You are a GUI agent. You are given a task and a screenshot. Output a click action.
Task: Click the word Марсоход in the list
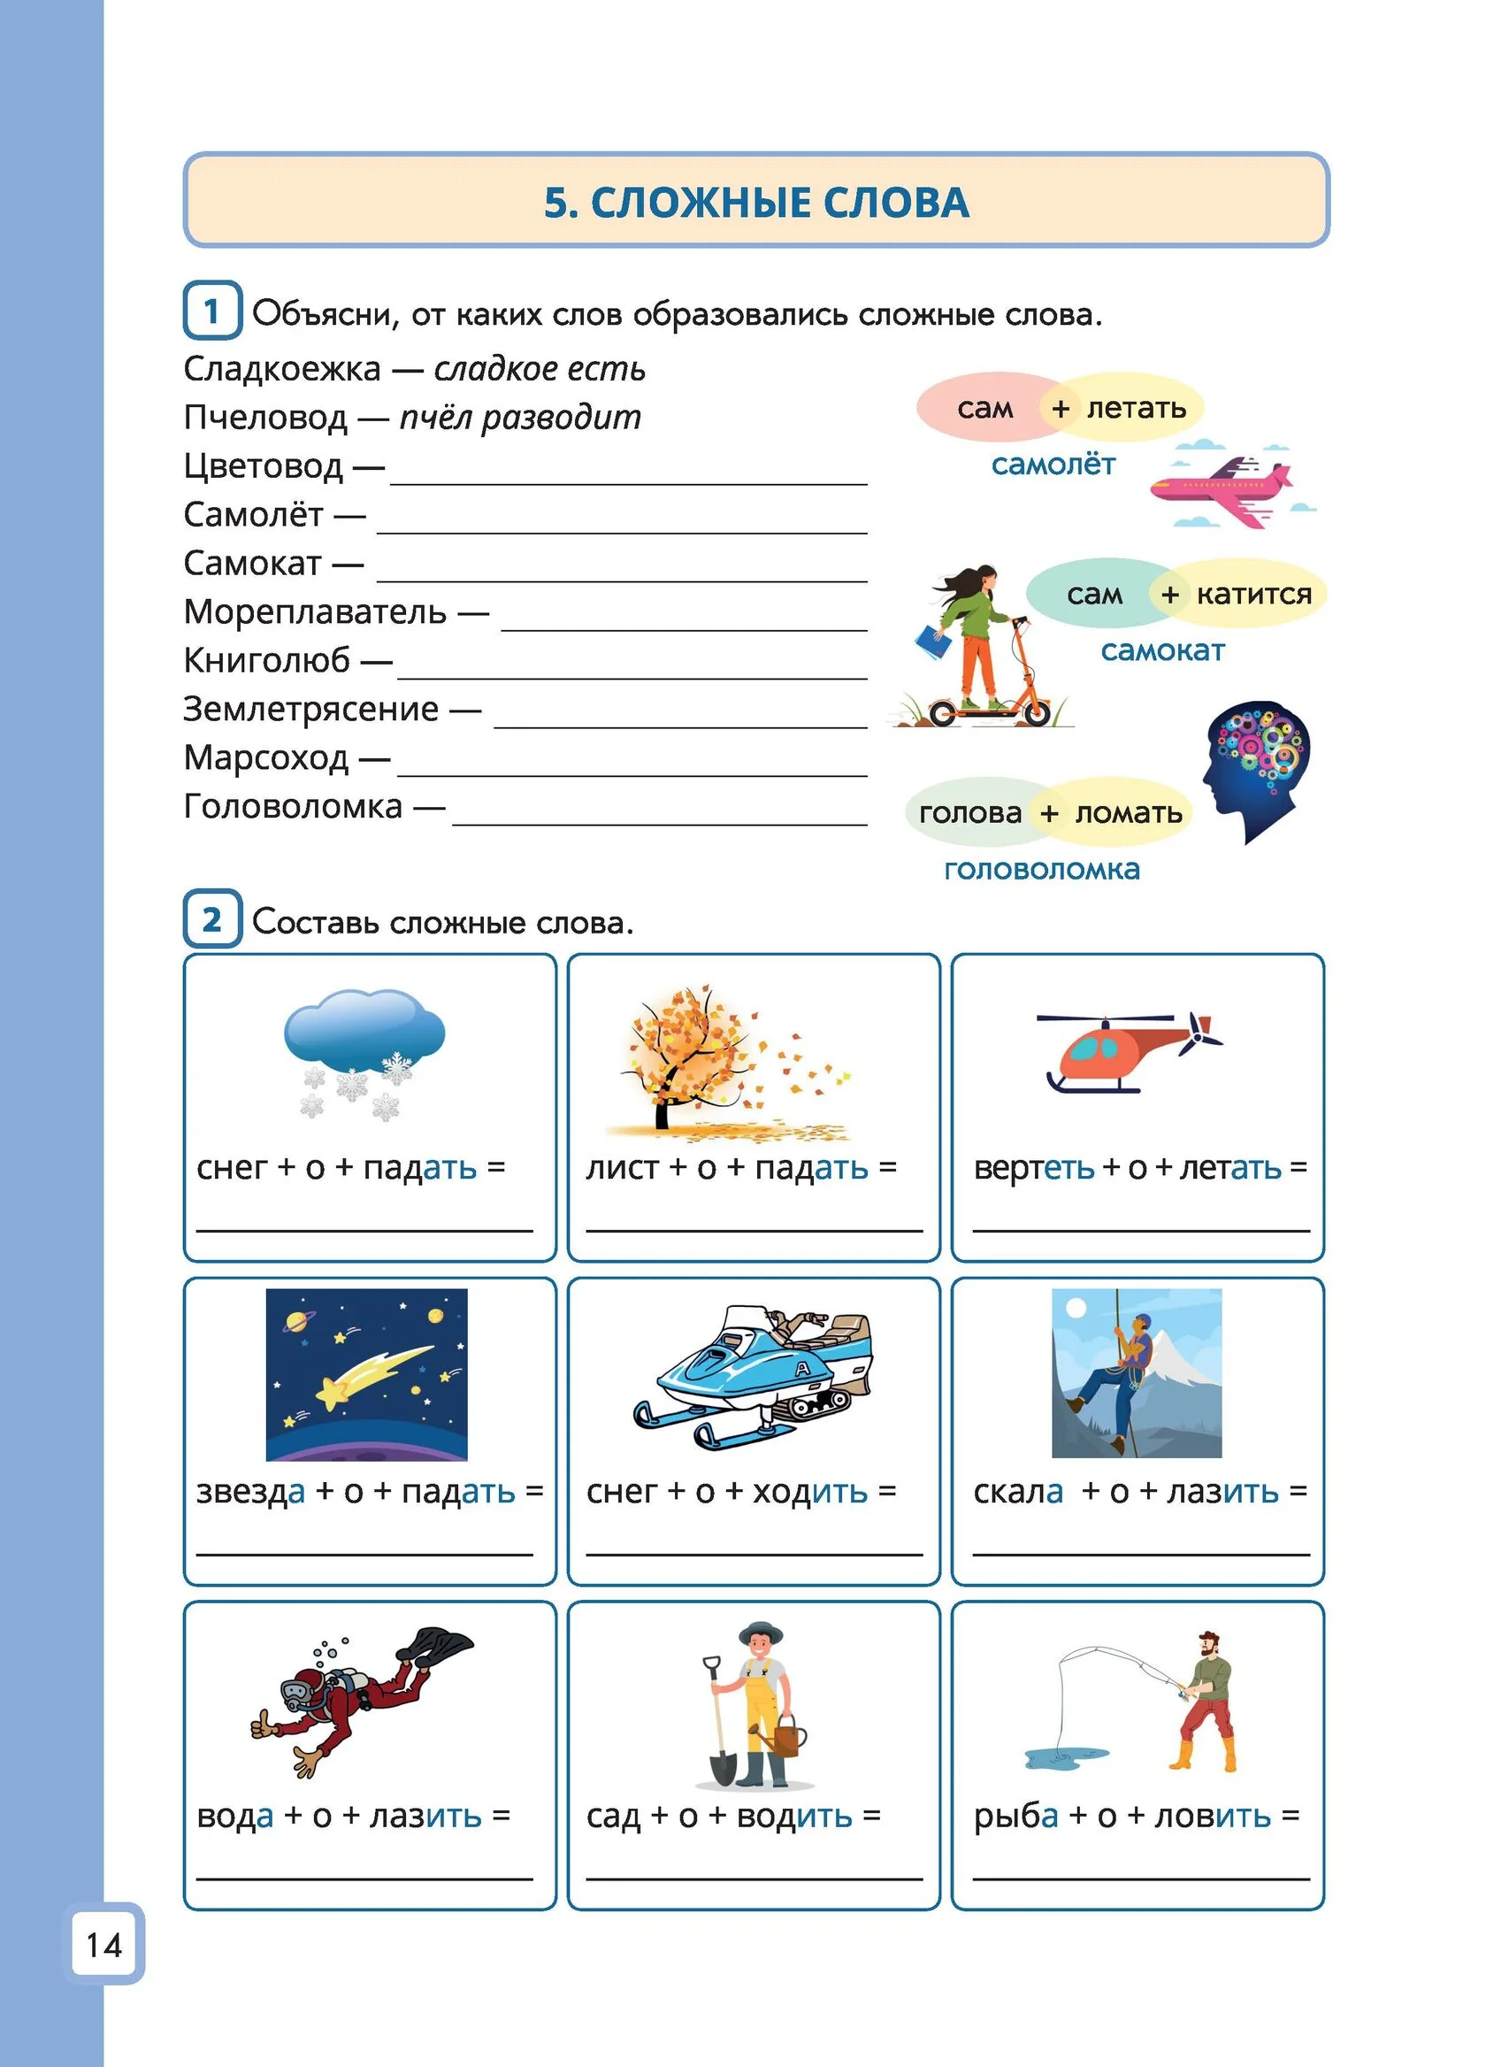point(265,757)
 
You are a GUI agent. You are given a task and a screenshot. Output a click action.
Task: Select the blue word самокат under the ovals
point(1161,650)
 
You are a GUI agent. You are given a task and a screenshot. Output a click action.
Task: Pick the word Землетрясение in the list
point(310,709)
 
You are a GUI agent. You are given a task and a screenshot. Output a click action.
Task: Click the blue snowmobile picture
point(753,1375)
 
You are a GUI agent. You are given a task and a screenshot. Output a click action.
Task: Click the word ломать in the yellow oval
point(1128,812)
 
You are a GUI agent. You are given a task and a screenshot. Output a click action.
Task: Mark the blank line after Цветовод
point(628,482)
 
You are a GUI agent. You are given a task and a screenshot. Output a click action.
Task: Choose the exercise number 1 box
point(211,311)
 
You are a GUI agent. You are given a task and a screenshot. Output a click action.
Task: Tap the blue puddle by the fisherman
point(1067,1756)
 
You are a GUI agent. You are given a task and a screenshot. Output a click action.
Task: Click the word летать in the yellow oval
point(1136,407)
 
